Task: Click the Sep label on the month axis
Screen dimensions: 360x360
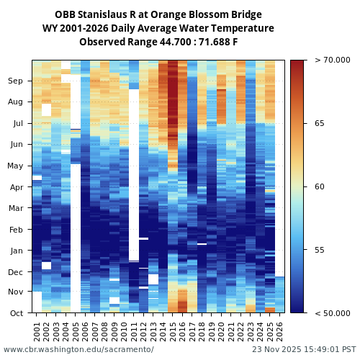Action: pyautogui.click(x=15, y=81)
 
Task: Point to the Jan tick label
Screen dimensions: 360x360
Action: pyautogui.click(x=15, y=251)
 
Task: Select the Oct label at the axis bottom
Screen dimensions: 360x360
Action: pyautogui.click(x=15, y=313)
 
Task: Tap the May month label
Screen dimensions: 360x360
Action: pyautogui.click(x=15, y=166)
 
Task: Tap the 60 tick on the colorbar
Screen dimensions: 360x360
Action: pyautogui.click(x=319, y=187)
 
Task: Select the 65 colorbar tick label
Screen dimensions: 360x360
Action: pyautogui.click(x=319, y=124)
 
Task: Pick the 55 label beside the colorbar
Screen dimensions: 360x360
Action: pyautogui.click(x=319, y=250)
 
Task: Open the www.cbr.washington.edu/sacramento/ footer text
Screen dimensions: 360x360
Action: pyautogui.click(x=78, y=349)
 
